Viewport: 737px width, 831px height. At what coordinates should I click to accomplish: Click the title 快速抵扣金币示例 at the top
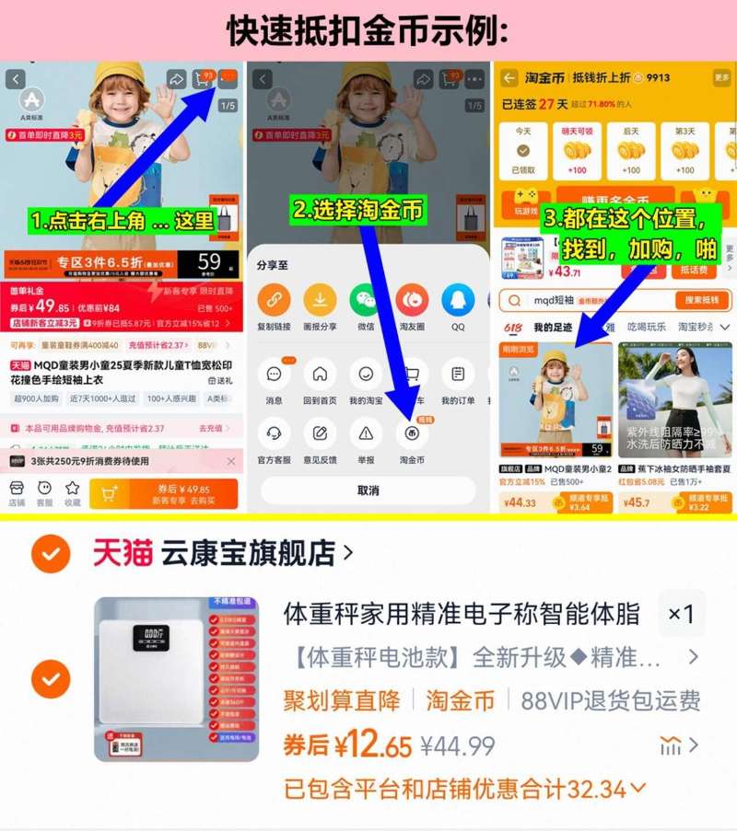pyautogui.click(x=368, y=30)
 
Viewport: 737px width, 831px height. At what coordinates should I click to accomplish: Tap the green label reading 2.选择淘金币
pyautogui.click(x=357, y=210)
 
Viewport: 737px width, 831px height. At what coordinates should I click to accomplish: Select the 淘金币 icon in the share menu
pyautogui.click(x=412, y=433)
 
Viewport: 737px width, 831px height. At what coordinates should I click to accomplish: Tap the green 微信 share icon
pyautogui.click(x=366, y=300)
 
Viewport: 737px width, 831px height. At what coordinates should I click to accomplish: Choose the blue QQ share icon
pyautogui.click(x=458, y=300)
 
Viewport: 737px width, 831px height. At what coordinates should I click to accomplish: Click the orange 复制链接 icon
pyautogui.click(x=274, y=300)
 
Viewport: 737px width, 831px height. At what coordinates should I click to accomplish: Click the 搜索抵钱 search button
pyautogui.click(x=702, y=300)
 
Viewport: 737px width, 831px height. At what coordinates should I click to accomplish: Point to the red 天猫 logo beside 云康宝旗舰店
pyautogui.click(x=123, y=553)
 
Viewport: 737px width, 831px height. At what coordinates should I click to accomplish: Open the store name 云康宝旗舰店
pyautogui.click(x=249, y=553)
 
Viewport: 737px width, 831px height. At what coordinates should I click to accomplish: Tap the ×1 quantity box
pyautogui.click(x=681, y=614)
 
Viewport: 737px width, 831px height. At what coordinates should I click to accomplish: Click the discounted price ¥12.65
pyautogui.click(x=346, y=744)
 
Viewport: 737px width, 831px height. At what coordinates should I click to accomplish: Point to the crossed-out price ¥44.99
pyautogui.click(x=458, y=745)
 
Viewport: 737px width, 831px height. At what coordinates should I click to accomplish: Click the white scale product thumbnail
pyautogui.click(x=176, y=679)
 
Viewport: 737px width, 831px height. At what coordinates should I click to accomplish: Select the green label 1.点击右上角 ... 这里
pyautogui.click(x=122, y=221)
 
